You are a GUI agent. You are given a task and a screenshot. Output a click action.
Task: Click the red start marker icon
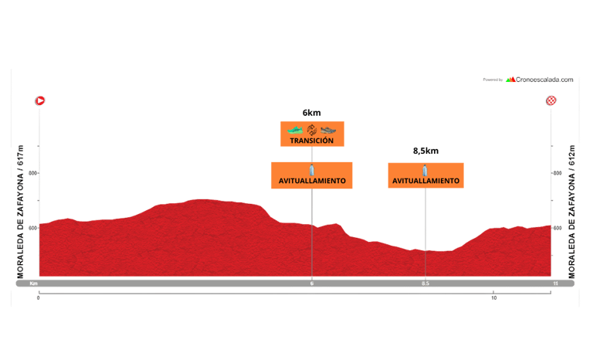39,100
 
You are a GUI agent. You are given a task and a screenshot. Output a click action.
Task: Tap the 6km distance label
312,113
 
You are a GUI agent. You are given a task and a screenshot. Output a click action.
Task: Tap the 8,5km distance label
425,151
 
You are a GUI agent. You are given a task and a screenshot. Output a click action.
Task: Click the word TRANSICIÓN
312,141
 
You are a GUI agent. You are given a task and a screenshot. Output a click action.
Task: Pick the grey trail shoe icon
328,130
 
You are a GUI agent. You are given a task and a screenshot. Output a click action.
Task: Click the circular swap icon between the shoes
312,129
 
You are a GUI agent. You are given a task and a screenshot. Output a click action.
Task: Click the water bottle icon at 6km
312,169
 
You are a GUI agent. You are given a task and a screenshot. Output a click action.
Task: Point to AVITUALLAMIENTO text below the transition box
312,182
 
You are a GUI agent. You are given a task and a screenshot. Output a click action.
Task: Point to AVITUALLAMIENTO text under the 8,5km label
425,182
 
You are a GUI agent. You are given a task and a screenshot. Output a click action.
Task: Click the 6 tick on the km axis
312,284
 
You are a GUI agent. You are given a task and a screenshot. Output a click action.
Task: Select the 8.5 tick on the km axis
425,284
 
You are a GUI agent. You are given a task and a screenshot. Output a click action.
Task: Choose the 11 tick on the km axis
554,284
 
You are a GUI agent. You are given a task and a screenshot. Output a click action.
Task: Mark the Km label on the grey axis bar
34,284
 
